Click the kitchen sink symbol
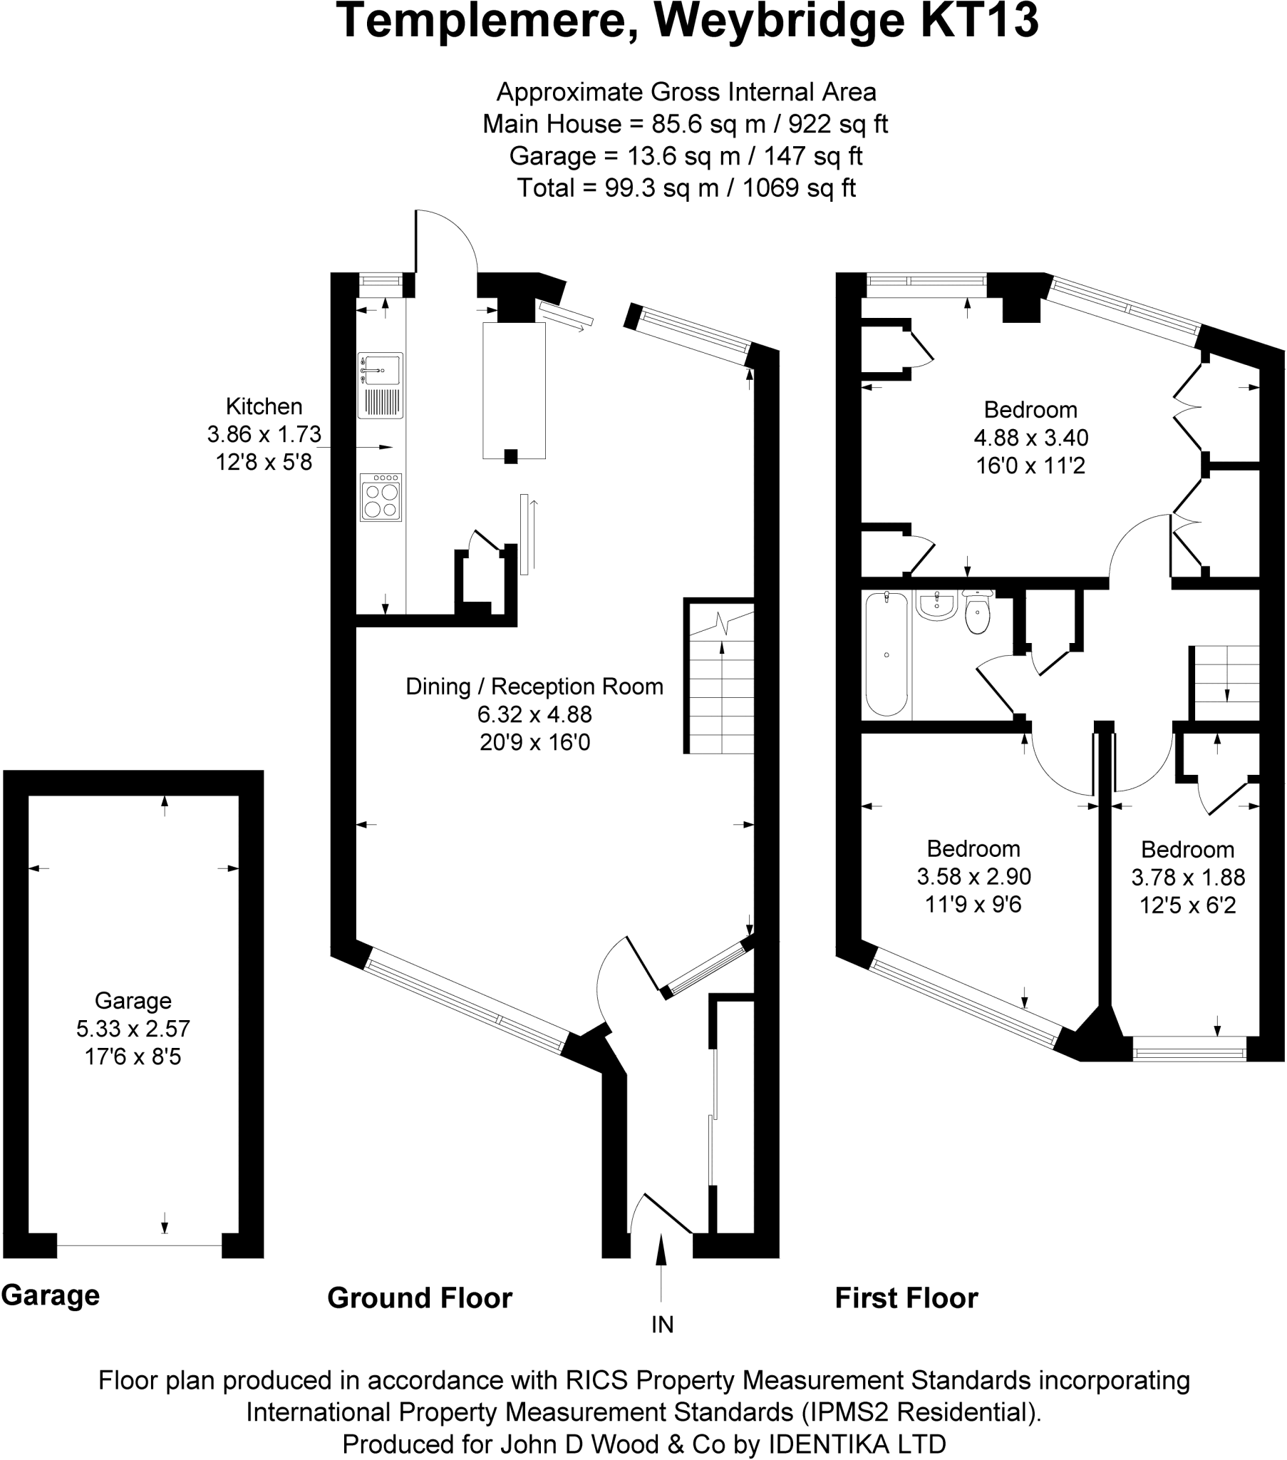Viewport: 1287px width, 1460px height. pyautogui.click(x=381, y=385)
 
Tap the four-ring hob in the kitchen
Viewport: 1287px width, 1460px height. pyautogui.click(x=381, y=498)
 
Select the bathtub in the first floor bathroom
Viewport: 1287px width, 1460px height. pyautogui.click(x=887, y=654)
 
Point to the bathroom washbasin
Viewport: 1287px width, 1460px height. pyautogui.click(x=936, y=606)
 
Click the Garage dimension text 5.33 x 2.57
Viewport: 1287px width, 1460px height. pyautogui.click(x=133, y=1029)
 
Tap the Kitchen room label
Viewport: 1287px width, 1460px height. pyautogui.click(x=264, y=406)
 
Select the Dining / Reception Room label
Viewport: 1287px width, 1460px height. pyautogui.click(x=534, y=687)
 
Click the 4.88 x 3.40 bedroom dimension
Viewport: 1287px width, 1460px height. pyautogui.click(x=1030, y=438)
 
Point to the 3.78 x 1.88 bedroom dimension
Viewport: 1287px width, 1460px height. pyautogui.click(x=1188, y=877)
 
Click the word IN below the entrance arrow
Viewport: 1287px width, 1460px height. pyautogui.click(x=662, y=1325)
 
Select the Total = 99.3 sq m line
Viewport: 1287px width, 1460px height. pyautogui.click(x=686, y=188)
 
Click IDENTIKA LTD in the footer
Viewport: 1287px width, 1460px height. pyautogui.click(x=857, y=1444)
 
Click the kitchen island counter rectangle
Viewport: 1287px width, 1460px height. pyautogui.click(x=514, y=389)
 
